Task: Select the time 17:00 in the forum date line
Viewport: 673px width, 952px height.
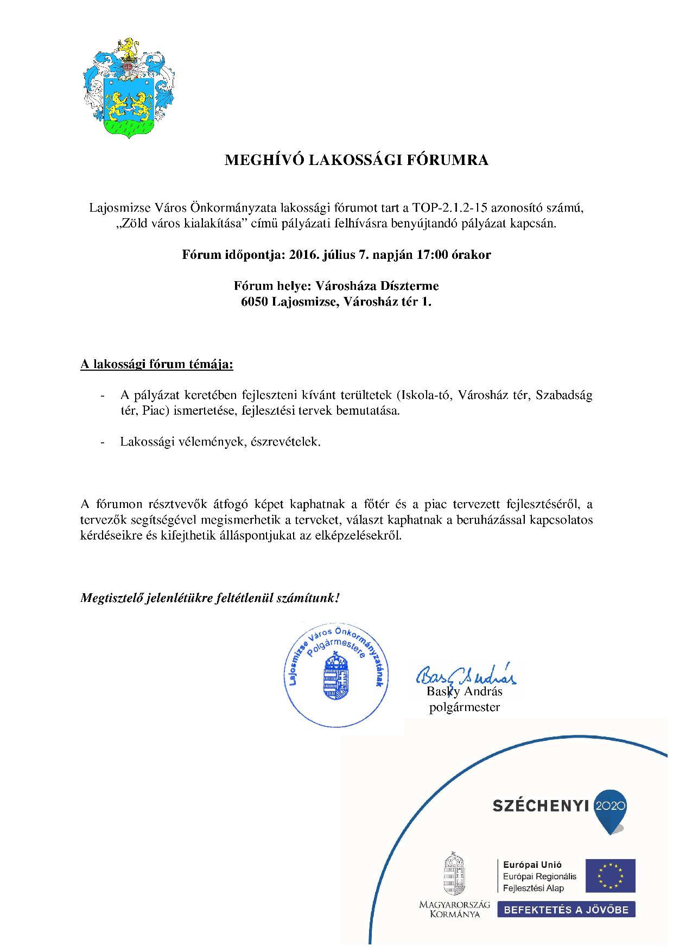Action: coord(431,255)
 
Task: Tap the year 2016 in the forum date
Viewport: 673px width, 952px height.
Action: coord(306,255)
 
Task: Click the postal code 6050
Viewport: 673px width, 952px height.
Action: coord(256,302)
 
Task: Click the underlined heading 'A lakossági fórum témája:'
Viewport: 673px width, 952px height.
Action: coord(157,364)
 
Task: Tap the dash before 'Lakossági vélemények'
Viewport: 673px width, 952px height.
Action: coord(103,442)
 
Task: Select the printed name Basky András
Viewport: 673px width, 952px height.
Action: coord(465,691)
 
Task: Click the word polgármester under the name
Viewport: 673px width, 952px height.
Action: coord(465,707)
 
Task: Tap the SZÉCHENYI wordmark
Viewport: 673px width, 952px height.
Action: coord(541,806)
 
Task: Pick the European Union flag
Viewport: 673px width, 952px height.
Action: coord(609,875)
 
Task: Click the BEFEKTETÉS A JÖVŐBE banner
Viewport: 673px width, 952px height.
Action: coord(567,910)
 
